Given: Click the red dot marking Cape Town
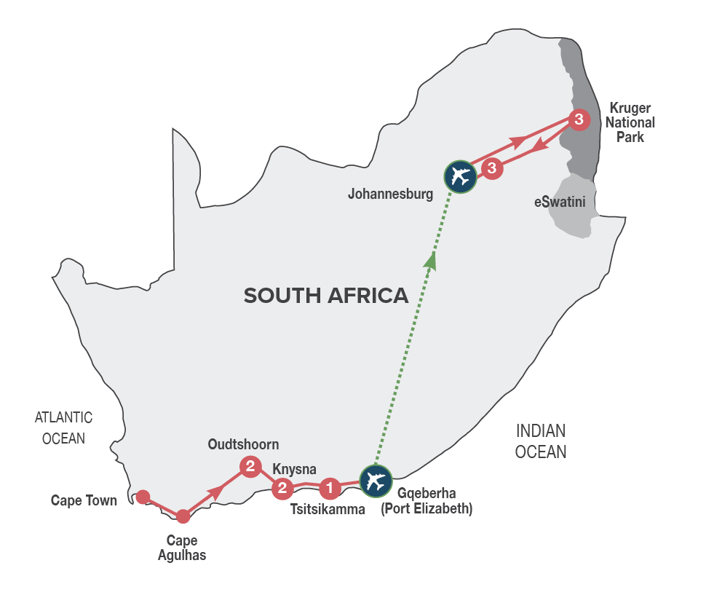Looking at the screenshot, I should pos(143,497).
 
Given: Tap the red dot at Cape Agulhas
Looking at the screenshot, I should pos(183,516).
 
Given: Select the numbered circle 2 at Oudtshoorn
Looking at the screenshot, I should pos(250,466).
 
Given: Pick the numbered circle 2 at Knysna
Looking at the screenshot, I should pos(282,489).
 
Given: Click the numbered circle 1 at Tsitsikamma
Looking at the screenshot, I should pos(330,486).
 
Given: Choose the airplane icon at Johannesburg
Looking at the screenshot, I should pos(460,176).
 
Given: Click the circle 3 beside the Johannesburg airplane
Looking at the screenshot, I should pos(493,169).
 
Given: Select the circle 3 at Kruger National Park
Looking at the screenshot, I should pos(578,119).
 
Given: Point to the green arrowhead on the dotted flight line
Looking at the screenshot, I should pos(432,261).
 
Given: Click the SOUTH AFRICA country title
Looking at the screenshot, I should pos(325,296).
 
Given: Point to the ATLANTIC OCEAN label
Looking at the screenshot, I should pos(63,427).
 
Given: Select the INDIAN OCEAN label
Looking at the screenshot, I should pos(540,441).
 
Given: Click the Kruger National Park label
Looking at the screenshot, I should pos(630,122).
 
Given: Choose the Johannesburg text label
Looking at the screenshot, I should pos(390,194).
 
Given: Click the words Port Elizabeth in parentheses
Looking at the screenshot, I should pos(427,510).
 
